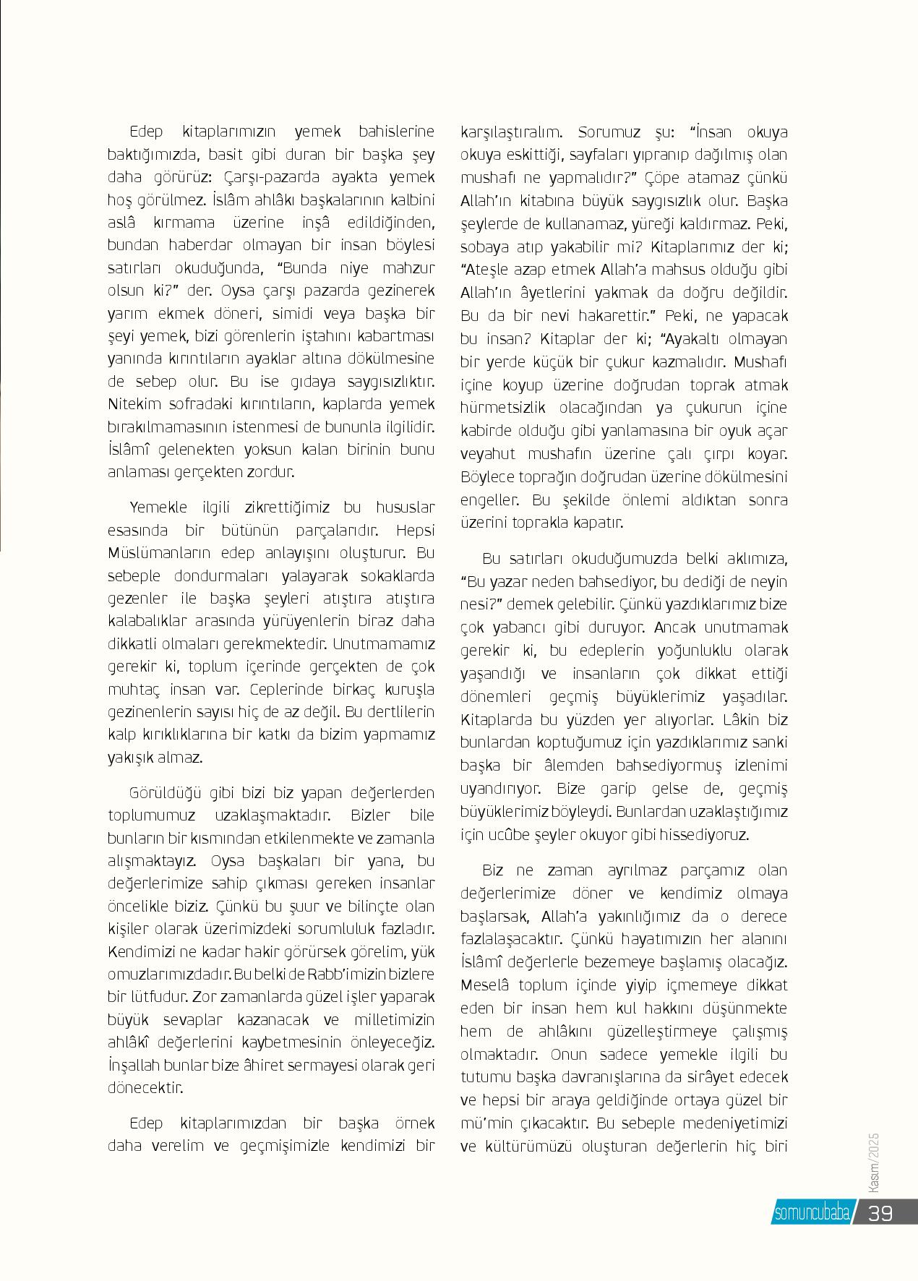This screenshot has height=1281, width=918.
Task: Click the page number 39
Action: (880, 1212)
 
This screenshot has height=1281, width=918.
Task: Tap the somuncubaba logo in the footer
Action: (811, 1213)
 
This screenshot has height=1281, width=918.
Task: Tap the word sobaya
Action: (485, 247)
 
